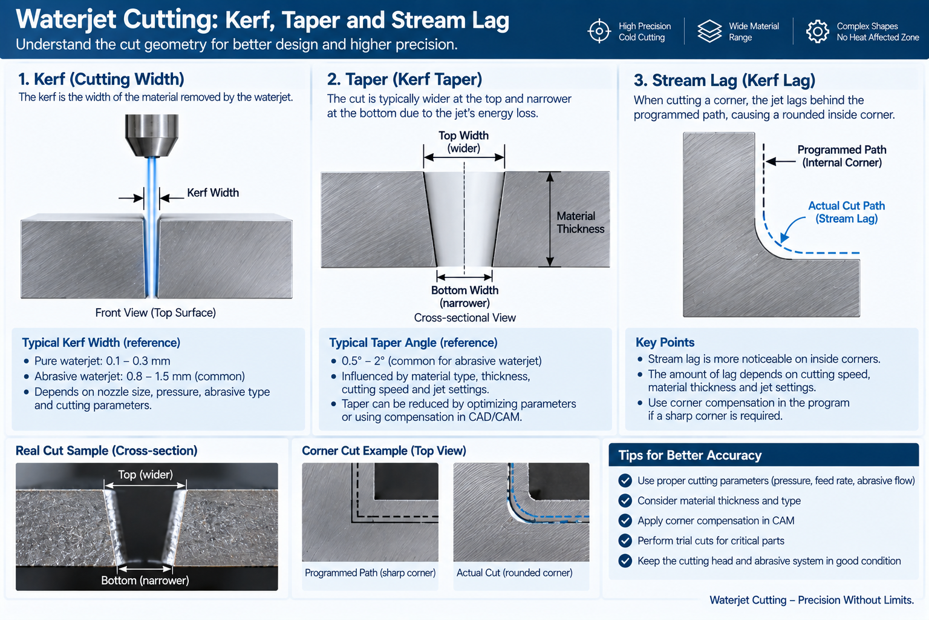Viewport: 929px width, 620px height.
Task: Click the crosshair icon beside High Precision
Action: point(599,31)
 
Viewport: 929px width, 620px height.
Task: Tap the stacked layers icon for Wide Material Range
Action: point(709,31)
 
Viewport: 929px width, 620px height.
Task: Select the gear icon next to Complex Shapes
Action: point(818,31)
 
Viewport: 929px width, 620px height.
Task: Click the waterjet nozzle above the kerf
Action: point(152,136)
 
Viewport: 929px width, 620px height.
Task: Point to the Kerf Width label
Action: point(213,193)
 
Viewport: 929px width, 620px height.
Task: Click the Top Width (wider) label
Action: point(464,142)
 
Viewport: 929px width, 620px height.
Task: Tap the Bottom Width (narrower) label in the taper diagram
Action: point(464,297)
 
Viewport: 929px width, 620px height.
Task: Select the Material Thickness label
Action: point(580,223)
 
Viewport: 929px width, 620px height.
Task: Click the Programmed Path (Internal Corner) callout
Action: point(841,156)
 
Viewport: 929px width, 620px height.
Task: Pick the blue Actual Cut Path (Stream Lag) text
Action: point(847,212)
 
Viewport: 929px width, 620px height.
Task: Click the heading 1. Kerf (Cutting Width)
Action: point(101,79)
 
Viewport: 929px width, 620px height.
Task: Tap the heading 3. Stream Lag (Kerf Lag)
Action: point(725,80)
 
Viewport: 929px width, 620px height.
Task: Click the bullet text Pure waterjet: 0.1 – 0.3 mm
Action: point(102,361)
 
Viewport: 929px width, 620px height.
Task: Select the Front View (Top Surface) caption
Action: point(155,312)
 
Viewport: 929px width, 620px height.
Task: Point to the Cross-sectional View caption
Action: point(464,318)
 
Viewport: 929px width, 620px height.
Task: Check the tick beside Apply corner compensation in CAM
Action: point(625,521)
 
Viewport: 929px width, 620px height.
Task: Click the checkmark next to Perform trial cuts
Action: point(625,541)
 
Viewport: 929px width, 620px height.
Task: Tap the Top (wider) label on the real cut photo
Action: point(145,475)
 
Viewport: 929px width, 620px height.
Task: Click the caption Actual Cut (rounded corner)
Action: point(514,573)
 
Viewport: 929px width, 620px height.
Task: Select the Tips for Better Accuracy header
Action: point(689,455)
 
